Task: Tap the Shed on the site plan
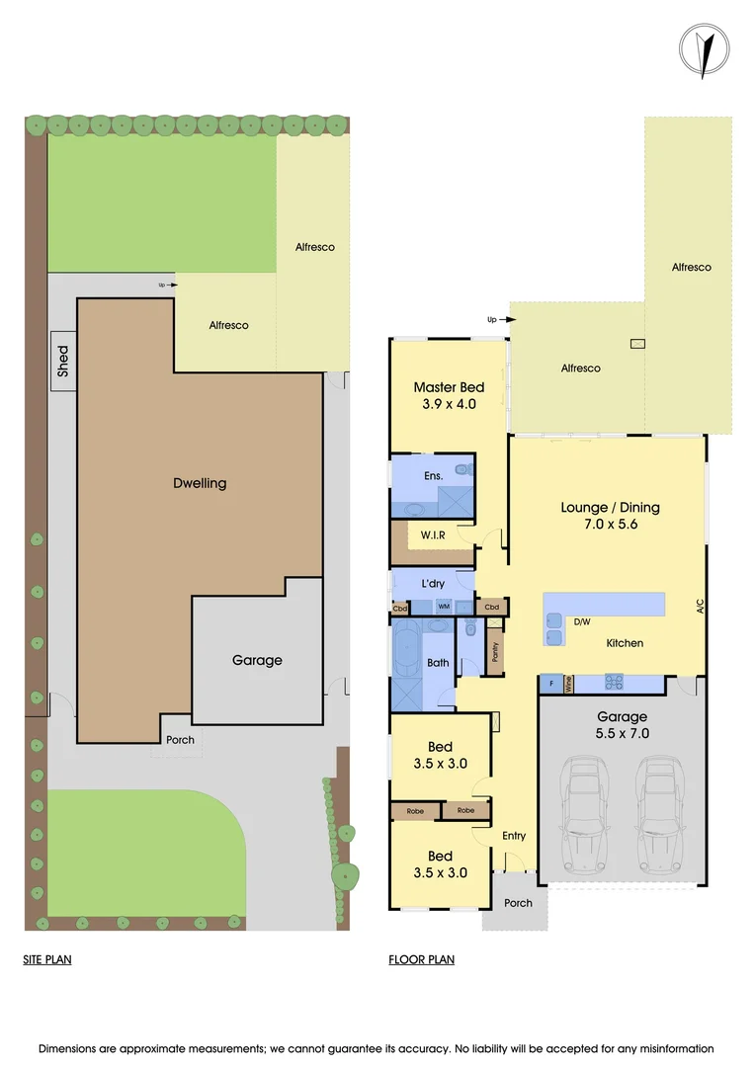point(63,361)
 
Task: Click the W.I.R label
point(433,535)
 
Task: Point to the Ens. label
point(433,476)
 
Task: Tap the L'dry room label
point(433,584)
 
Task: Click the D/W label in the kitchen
point(582,622)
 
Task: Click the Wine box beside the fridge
point(568,683)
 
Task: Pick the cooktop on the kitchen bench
point(614,683)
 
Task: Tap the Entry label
point(514,836)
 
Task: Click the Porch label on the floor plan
point(518,903)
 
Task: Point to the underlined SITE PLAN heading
point(47,959)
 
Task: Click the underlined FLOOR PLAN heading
point(422,959)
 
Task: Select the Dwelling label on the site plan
point(200,483)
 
